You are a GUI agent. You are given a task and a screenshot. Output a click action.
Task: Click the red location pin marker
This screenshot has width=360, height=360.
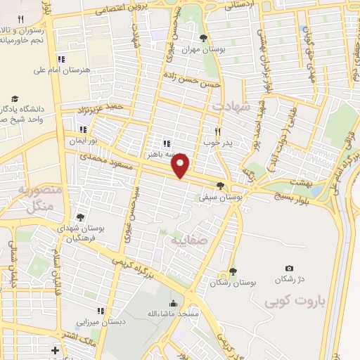pyautogui.click(x=181, y=166)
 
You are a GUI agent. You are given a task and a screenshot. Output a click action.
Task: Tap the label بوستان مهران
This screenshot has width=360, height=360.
pyautogui.click(x=205, y=50)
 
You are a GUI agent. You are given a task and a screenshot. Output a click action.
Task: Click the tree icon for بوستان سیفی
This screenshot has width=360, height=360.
pyautogui.click(x=221, y=186)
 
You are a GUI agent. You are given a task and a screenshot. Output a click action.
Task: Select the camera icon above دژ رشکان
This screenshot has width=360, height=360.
pyautogui.click(x=289, y=269)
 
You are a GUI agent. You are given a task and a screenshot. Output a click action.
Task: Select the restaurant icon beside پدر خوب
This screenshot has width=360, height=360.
pyautogui.click(x=218, y=131)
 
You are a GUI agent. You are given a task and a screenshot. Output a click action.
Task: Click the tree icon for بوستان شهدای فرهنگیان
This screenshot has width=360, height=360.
pyautogui.click(x=80, y=217)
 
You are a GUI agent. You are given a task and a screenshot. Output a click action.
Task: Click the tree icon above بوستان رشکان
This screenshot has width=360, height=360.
pyautogui.click(x=233, y=271)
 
